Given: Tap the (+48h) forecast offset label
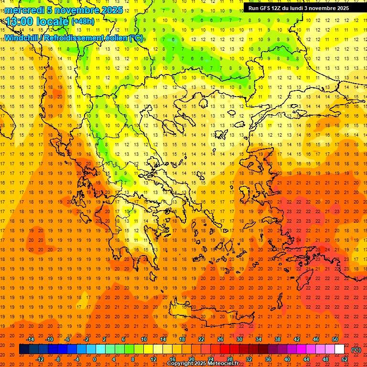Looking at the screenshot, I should click(82, 22).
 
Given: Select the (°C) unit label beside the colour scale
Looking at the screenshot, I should click(356, 350).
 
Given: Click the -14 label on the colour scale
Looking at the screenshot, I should click(31, 339).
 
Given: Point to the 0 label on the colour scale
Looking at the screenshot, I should click(95, 359).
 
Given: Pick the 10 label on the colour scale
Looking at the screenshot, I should click(143, 339).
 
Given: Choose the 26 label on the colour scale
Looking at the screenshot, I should click(220, 339).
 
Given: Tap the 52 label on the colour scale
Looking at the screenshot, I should click(345, 359).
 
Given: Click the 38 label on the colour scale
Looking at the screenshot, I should click(278, 339).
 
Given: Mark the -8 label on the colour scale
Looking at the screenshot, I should click(58, 359).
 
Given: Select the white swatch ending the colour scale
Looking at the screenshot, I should click(339, 349).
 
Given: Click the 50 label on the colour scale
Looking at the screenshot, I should click(335, 339).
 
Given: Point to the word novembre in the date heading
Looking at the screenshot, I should click(76, 10).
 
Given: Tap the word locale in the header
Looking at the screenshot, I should click(53, 22).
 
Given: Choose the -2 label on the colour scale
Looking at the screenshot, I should click(86, 339).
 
